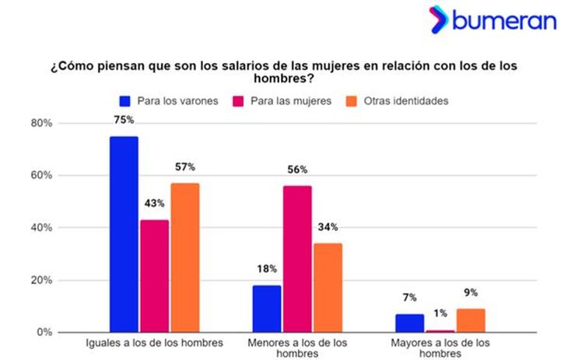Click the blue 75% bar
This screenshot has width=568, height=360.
[x=124, y=234]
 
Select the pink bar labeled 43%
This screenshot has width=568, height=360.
[x=154, y=276]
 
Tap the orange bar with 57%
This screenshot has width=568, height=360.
[x=185, y=257]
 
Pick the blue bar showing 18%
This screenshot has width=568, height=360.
[x=266, y=309]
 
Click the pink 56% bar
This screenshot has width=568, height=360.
[x=297, y=259]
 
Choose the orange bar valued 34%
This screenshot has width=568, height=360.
[x=328, y=288]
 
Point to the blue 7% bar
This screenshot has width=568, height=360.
[x=409, y=323]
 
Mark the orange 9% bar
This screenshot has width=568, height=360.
[x=470, y=320]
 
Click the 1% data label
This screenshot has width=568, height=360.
[x=440, y=313]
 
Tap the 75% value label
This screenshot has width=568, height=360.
[x=124, y=120]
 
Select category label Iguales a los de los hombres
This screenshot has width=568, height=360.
[x=153, y=342]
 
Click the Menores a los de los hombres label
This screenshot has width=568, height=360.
[x=296, y=348]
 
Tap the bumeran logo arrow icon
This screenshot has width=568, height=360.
[x=439, y=19]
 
